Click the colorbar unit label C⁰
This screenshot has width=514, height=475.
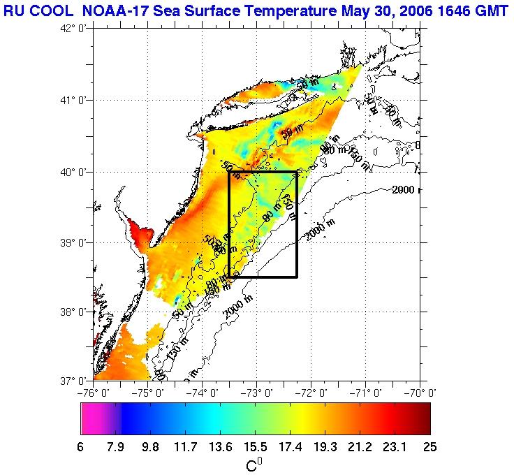[x=254, y=464]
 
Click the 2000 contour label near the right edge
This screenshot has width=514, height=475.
[x=404, y=189]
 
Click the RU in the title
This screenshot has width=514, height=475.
[x=15, y=11]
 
